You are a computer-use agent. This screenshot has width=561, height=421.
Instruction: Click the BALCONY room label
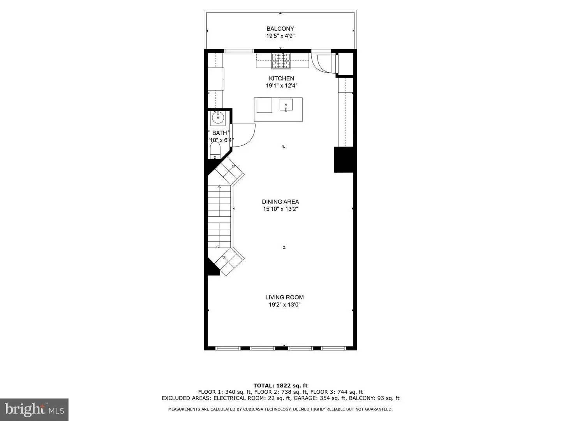280,28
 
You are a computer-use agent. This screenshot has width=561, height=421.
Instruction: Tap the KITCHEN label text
281,78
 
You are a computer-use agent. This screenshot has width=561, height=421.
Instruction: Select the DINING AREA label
280,202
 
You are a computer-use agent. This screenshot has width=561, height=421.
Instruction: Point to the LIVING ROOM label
284,297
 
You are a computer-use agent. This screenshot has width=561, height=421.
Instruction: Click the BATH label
219,133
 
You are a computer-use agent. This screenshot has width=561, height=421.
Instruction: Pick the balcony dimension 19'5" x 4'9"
280,36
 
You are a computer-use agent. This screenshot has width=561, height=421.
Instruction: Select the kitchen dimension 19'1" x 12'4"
281,85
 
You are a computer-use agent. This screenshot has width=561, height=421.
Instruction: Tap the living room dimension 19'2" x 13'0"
284,304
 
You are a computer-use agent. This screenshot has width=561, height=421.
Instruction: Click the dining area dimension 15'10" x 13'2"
280,209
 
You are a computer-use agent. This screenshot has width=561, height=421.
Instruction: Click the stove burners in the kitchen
281,60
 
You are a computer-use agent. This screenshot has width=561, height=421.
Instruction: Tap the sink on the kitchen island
286,105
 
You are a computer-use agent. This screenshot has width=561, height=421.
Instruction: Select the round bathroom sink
217,116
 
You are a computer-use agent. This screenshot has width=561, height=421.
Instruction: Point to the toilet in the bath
215,150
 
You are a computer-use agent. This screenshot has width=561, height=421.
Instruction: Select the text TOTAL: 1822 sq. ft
280,386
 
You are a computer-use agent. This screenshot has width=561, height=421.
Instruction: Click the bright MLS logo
34,409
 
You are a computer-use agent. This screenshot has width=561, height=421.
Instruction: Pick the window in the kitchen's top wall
239,51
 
